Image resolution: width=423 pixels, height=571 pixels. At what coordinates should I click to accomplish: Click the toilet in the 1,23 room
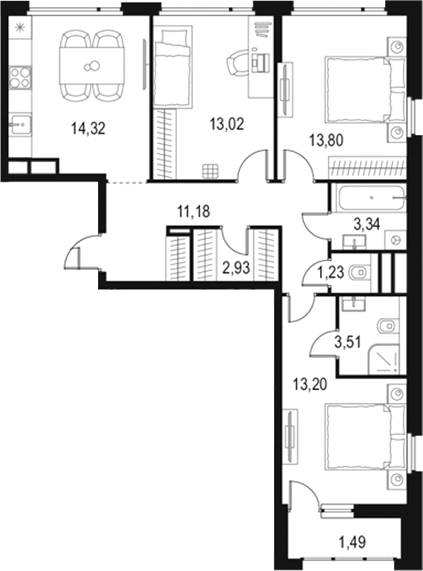coord(359,272)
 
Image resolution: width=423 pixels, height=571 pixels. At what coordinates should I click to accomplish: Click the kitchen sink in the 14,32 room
coord(19,125)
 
